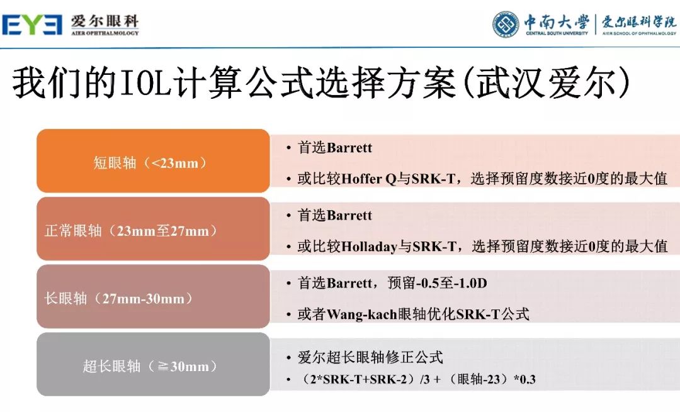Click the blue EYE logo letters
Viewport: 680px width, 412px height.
(32, 25)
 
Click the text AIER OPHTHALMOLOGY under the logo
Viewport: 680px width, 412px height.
(105, 33)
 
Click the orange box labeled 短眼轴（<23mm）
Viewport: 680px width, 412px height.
(153, 162)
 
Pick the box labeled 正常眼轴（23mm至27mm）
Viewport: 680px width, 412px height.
(153, 230)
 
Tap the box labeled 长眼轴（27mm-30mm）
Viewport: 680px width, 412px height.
(153, 298)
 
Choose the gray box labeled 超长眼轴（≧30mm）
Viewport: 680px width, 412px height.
(153, 365)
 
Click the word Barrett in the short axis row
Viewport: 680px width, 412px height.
(349, 148)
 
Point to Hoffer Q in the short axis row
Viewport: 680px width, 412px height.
(370, 179)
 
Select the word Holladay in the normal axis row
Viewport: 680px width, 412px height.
(370, 247)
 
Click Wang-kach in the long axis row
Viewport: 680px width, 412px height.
(362, 314)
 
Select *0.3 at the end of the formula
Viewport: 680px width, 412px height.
(524, 379)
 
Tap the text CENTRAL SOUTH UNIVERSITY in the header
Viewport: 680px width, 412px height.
(557, 33)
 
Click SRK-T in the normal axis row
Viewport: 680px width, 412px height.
(434, 247)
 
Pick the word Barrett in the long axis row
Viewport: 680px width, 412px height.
(349, 283)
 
